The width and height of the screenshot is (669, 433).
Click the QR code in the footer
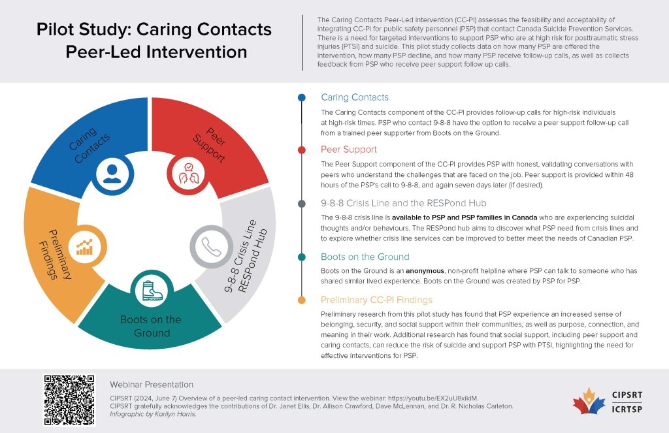(69, 400)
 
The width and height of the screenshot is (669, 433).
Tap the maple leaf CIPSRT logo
(589, 401)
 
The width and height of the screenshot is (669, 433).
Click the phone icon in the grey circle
(211, 247)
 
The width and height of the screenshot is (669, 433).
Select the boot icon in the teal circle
(152, 291)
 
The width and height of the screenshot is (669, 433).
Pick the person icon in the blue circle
(112, 174)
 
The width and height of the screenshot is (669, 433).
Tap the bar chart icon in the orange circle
(84, 247)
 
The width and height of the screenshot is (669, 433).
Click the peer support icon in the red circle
(189, 173)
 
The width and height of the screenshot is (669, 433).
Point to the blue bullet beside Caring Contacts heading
(302, 98)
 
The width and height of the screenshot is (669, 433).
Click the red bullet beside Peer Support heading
(302, 150)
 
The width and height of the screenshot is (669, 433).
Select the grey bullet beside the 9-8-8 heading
(302, 204)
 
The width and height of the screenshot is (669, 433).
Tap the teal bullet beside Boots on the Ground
(302, 257)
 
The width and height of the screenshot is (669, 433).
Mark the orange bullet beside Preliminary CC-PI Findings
(302, 300)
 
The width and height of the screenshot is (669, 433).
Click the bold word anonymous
(425, 271)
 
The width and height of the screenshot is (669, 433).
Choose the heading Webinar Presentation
(152, 385)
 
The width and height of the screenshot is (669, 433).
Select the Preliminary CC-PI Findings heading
(377, 300)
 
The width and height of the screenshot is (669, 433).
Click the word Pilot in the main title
(56, 30)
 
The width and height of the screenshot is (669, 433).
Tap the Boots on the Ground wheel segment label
(151, 326)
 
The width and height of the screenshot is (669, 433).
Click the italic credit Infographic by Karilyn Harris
(153, 414)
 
